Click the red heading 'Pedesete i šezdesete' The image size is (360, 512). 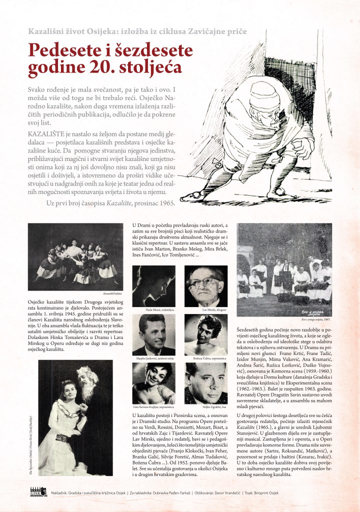point(110,51)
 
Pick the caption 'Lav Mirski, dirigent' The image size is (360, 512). point(205,310)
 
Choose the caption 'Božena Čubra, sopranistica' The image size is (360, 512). point(205,359)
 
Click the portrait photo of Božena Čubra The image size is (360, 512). point(206,334)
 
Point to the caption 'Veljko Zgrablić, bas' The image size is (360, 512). point(205,407)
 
